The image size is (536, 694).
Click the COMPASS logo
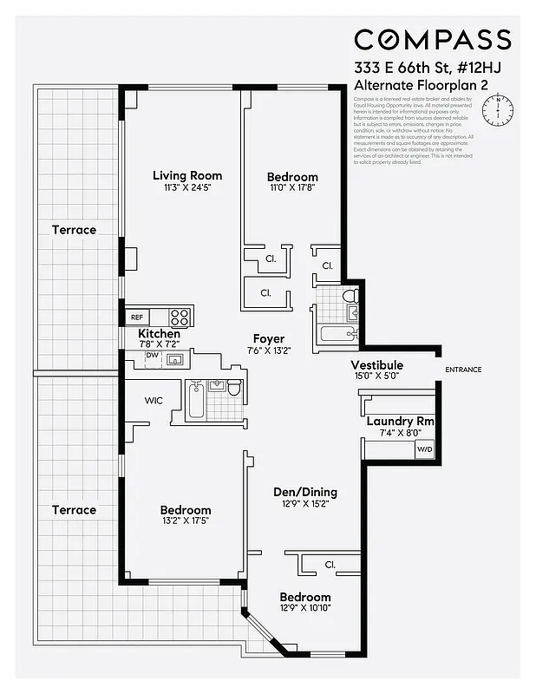(432, 40)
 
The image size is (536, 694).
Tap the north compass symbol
(499, 109)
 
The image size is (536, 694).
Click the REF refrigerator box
(137, 318)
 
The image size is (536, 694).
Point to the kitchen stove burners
(180, 317)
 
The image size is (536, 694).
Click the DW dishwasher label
(151, 355)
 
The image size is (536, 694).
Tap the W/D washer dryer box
(425, 449)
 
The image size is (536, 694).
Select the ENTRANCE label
(463, 370)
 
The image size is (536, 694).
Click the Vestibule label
(376, 365)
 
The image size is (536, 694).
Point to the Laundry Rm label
(400, 422)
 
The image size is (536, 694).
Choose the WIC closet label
(154, 401)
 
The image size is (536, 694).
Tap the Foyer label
(269, 338)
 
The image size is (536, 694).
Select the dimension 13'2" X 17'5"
(186, 521)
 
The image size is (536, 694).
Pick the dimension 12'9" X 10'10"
(304, 608)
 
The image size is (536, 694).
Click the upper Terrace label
(74, 230)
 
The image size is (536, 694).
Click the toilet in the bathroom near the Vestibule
(350, 298)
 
